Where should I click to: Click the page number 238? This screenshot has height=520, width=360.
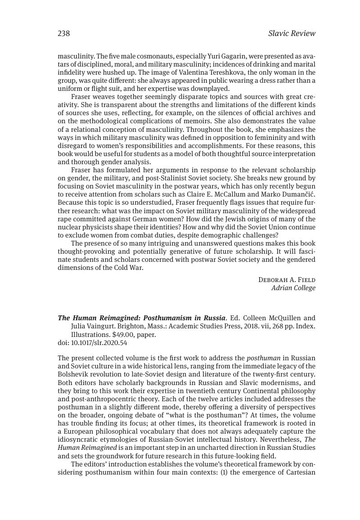point(63,33)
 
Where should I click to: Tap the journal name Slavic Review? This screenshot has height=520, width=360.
point(292,33)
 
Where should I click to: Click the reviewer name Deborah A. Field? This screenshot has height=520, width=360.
point(287,280)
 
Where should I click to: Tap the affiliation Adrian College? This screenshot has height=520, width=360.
point(293,288)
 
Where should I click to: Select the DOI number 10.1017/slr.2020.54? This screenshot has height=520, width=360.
point(99,343)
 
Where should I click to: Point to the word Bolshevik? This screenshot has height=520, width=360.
point(73,375)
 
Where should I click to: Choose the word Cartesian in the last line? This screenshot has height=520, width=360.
point(300,472)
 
